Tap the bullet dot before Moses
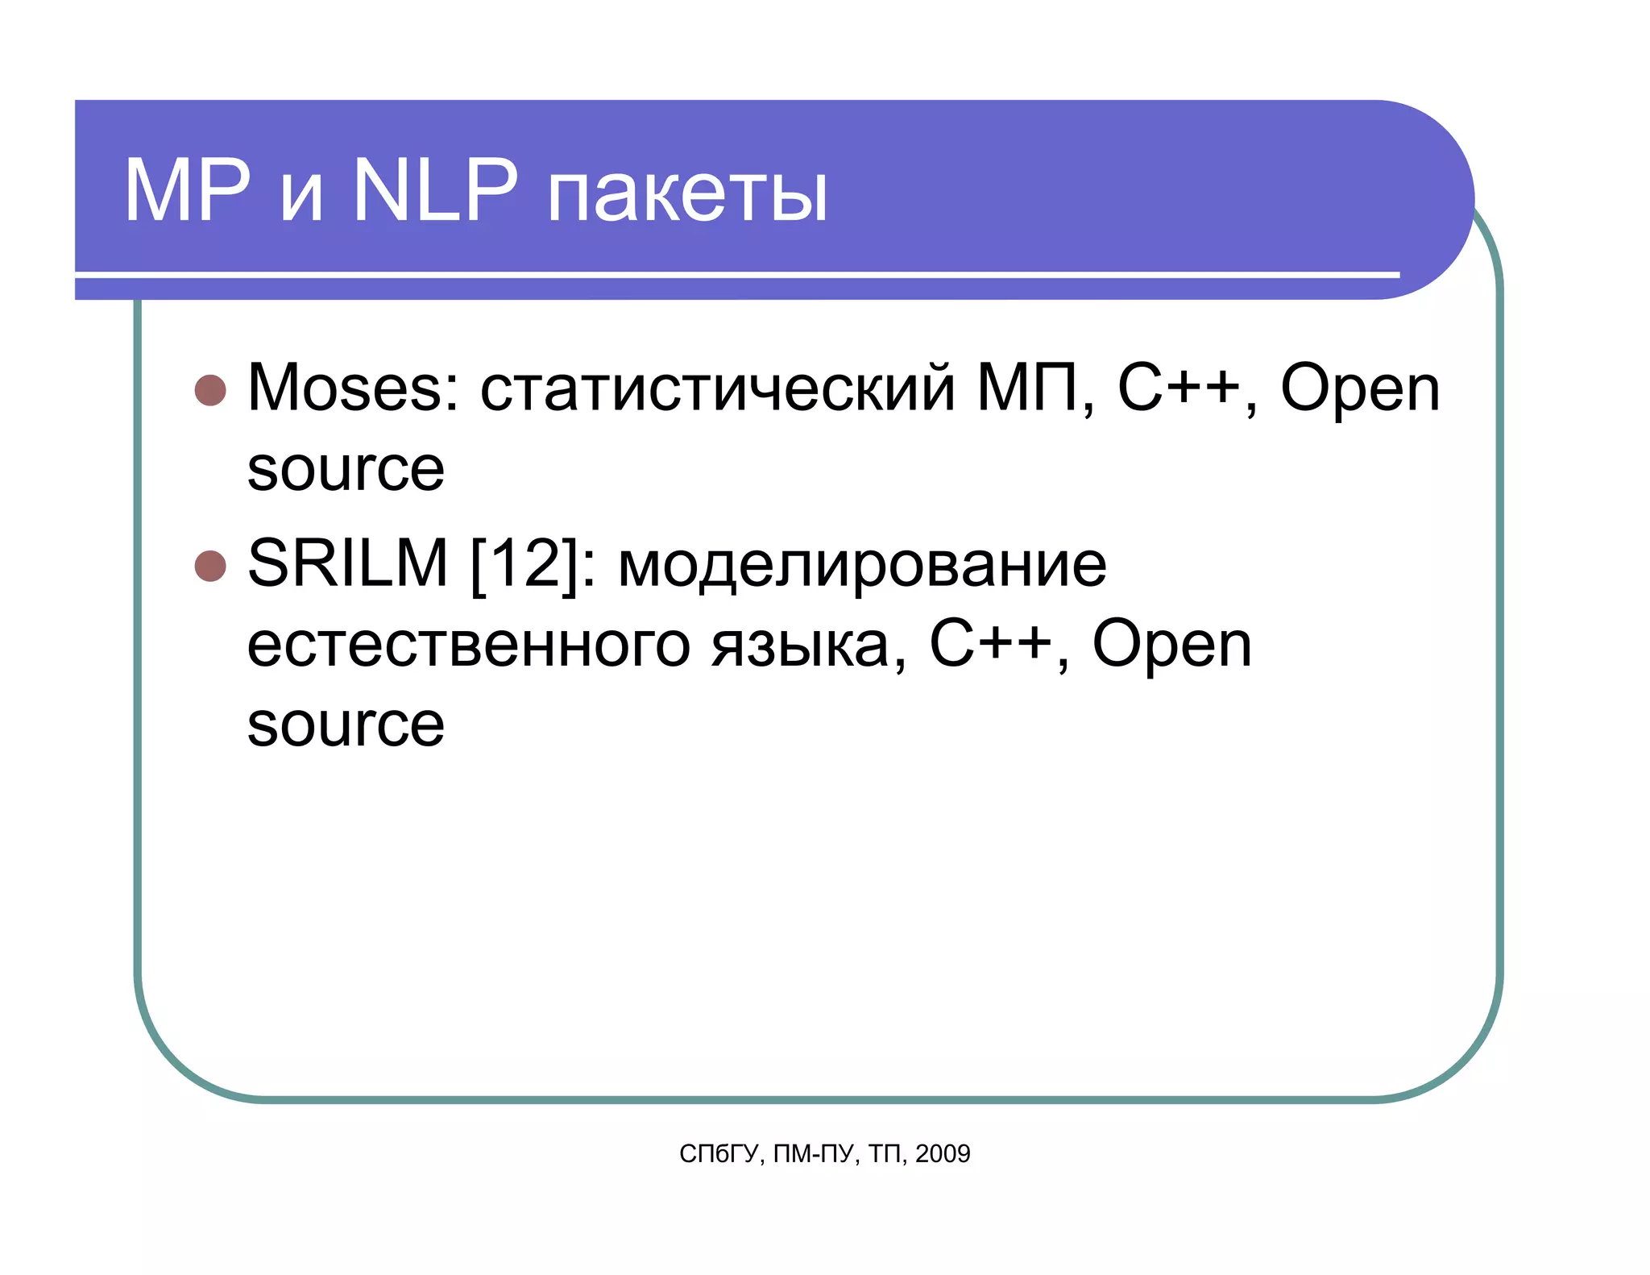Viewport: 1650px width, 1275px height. [210, 391]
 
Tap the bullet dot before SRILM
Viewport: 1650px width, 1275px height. [210, 566]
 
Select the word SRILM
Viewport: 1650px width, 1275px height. [347, 563]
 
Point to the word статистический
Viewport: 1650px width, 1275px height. [717, 389]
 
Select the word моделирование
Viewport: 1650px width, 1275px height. [862, 565]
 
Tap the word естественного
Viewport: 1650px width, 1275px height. [468, 646]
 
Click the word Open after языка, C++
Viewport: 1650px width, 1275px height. [1171, 646]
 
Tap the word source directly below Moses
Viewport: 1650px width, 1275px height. [346, 471]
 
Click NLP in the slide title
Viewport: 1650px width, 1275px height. [435, 192]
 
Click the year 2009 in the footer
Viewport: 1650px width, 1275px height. [943, 1154]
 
